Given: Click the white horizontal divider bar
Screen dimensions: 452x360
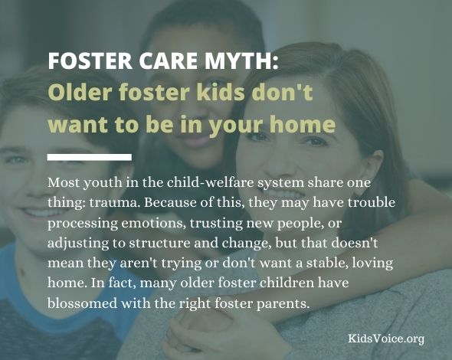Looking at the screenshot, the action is pos(90,157).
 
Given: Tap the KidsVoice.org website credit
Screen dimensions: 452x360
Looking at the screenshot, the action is pos(386,339).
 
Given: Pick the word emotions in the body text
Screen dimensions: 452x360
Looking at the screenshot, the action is pos(154,223).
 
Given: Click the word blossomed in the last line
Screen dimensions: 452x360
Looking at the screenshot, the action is pos(82,303).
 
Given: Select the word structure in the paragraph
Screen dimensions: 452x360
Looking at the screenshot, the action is pos(159,243).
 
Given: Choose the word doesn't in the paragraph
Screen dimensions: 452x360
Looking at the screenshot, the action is pos(354,243).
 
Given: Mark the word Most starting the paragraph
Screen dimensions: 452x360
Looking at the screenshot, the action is pos(64,182).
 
